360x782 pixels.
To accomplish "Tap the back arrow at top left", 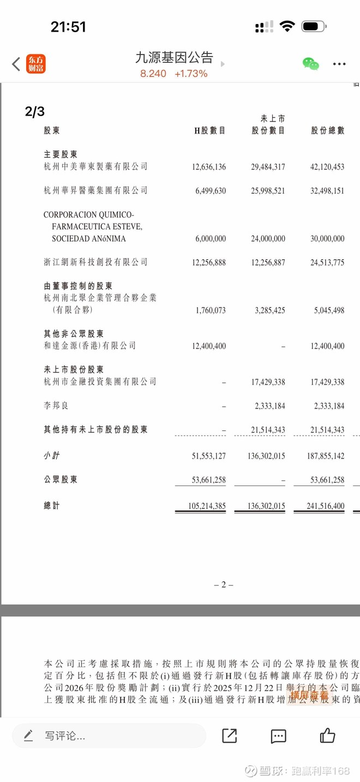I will pyautogui.click(x=16, y=64).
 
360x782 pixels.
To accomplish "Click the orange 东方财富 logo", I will pyautogui.click(x=36, y=64).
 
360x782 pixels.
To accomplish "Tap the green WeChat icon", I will pyautogui.click(x=311, y=64).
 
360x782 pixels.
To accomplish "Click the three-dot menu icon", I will pyautogui.click(x=339, y=64).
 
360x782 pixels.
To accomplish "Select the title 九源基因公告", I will pyautogui.click(x=174, y=57).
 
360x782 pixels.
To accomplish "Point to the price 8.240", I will pyautogui.click(x=153, y=74).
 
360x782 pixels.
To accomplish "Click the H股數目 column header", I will pyautogui.click(x=210, y=131).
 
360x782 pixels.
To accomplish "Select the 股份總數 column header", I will pyautogui.click(x=328, y=131).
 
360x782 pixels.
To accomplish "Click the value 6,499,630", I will pyautogui.click(x=209, y=191).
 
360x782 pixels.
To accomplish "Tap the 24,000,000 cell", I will pyautogui.click(x=268, y=239).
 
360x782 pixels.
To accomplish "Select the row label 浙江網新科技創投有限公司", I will pyautogui.click(x=95, y=262).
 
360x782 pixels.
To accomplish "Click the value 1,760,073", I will pyautogui.click(x=209, y=310).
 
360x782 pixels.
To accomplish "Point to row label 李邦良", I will pyautogui.click(x=56, y=406).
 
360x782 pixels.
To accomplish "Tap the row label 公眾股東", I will pyautogui.click(x=61, y=480).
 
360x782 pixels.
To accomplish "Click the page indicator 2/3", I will pyautogui.click(x=35, y=112).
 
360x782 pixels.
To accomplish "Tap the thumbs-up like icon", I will pyautogui.click(x=328, y=736).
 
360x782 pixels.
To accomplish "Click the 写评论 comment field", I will pyautogui.click(x=109, y=736).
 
